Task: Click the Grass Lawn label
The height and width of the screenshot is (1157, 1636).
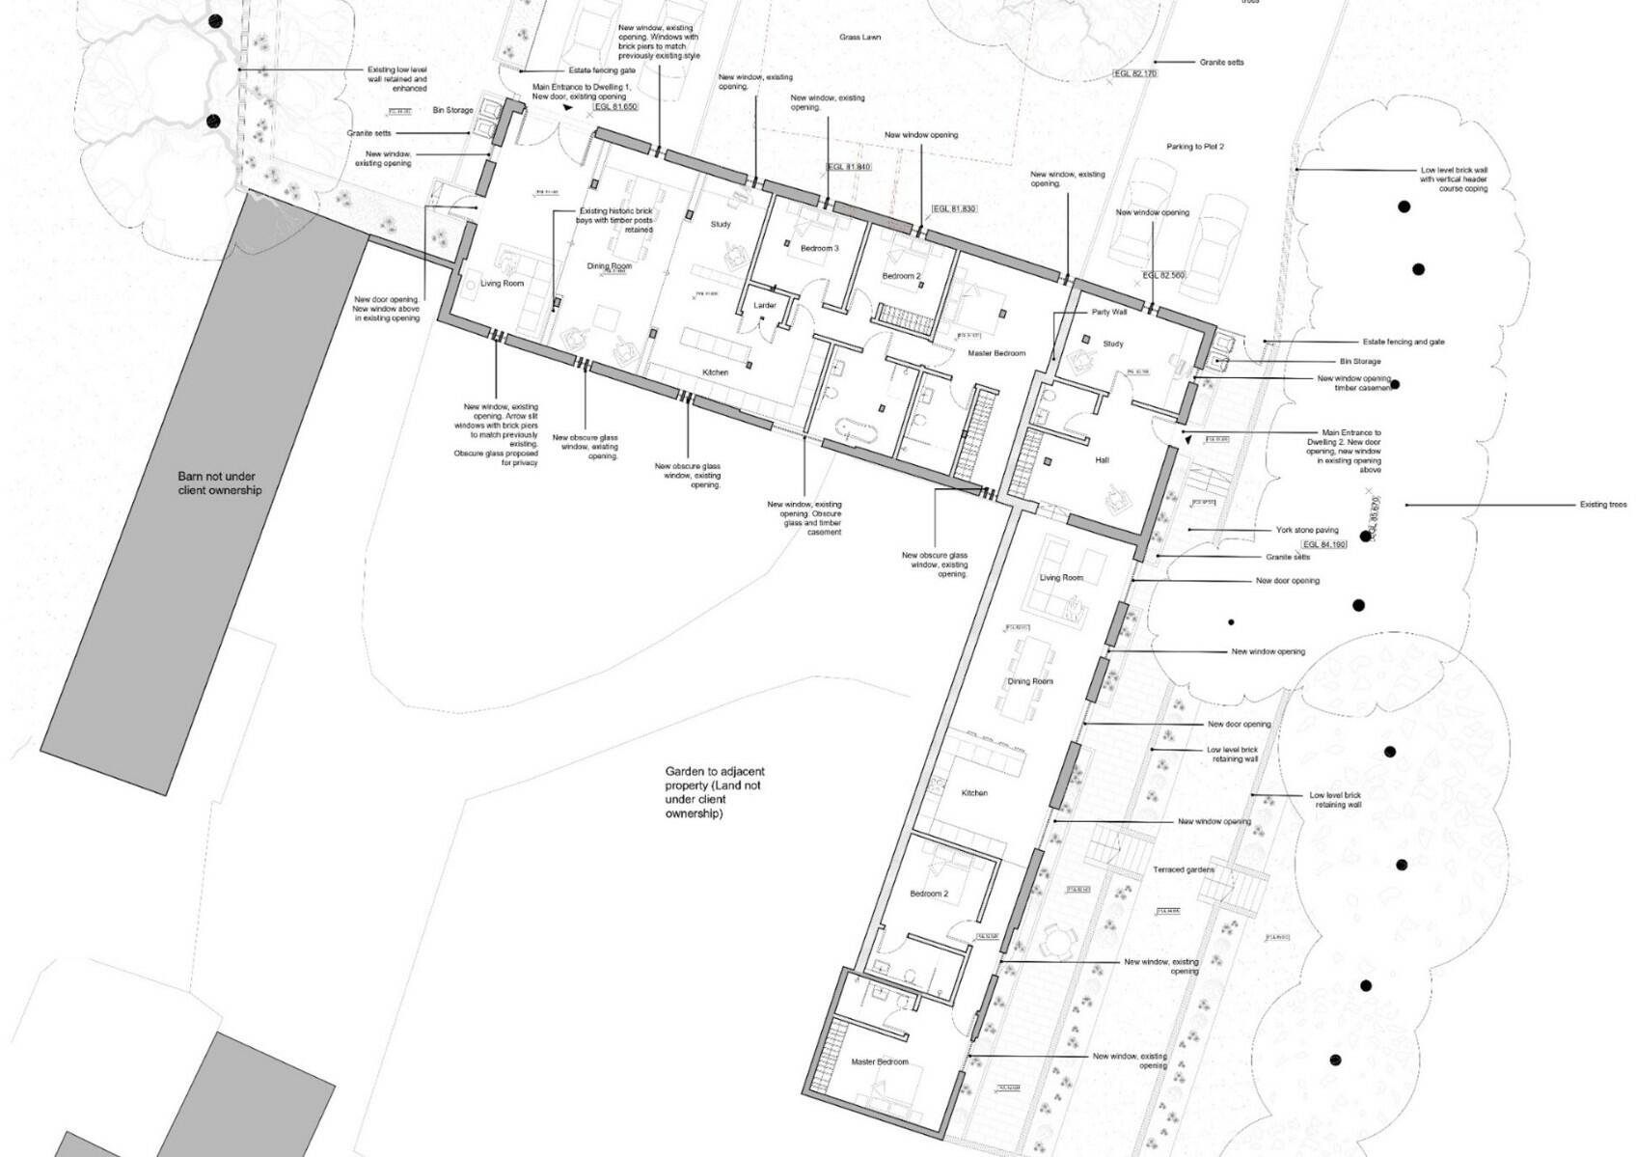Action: pyautogui.click(x=859, y=38)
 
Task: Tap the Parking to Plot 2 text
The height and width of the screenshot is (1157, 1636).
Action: pyautogui.click(x=1194, y=147)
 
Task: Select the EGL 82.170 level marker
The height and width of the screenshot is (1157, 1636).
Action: pyautogui.click(x=1135, y=73)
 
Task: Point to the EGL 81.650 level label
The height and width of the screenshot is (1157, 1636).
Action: pyautogui.click(x=616, y=107)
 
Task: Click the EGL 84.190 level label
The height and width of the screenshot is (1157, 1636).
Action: pyautogui.click(x=1324, y=545)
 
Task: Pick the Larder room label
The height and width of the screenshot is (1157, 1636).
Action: pyautogui.click(x=765, y=306)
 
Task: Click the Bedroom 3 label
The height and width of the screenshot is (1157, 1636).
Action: pyautogui.click(x=820, y=248)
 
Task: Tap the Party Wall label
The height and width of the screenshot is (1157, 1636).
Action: pyautogui.click(x=1109, y=313)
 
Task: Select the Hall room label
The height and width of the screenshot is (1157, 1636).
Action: pyautogui.click(x=1102, y=460)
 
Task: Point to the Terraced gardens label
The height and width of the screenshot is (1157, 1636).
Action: pyautogui.click(x=1184, y=869)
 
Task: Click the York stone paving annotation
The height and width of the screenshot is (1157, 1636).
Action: pyautogui.click(x=1307, y=530)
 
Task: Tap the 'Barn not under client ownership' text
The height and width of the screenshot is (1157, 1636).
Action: pyautogui.click(x=219, y=483)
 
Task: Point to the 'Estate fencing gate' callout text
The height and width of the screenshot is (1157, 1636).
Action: pyautogui.click(x=602, y=70)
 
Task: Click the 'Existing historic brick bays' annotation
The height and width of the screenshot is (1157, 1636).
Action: pyautogui.click(x=615, y=220)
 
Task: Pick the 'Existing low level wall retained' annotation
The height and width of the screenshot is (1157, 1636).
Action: pyautogui.click(x=397, y=79)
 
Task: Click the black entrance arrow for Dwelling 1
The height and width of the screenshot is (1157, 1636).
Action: pyautogui.click(x=568, y=108)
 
